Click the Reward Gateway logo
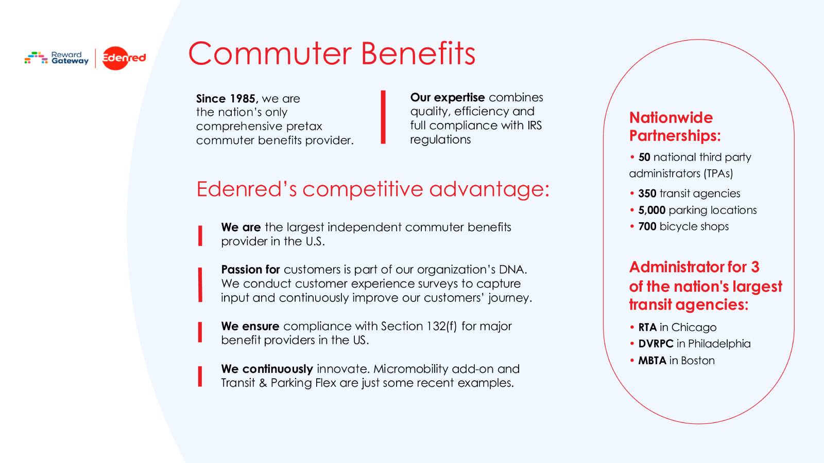(x=57, y=58)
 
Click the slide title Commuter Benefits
(x=331, y=54)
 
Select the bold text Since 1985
(x=227, y=98)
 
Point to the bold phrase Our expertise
(x=447, y=97)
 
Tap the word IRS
(x=534, y=125)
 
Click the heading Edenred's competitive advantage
(x=373, y=189)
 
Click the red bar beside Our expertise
(x=383, y=117)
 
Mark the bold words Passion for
(x=250, y=270)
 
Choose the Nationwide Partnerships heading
(x=674, y=127)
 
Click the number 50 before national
(x=644, y=157)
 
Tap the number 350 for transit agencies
(x=647, y=193)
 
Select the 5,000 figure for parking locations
(x=651, y=210)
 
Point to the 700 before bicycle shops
(x=647, y=226)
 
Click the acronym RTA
(x=647, y=327)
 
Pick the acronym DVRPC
(x=656, y=344)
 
